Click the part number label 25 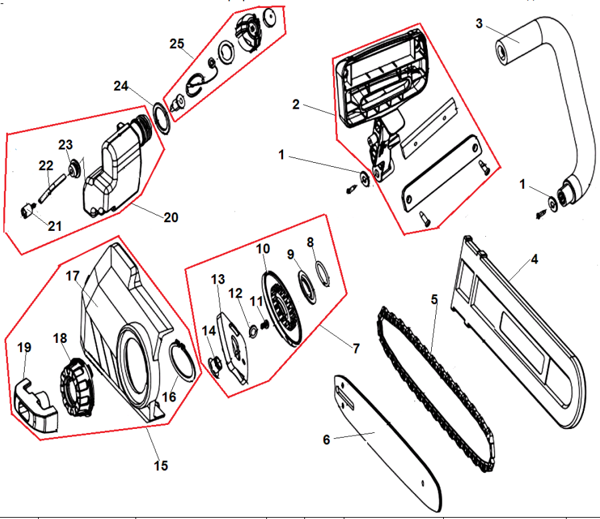(x=176, y=43)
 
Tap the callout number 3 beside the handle (x=479, y=23)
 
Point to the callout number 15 (x=161, y=465)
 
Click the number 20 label (x=171, y=217)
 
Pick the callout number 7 (x=356, y=348)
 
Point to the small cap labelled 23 (x=71, y=169)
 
